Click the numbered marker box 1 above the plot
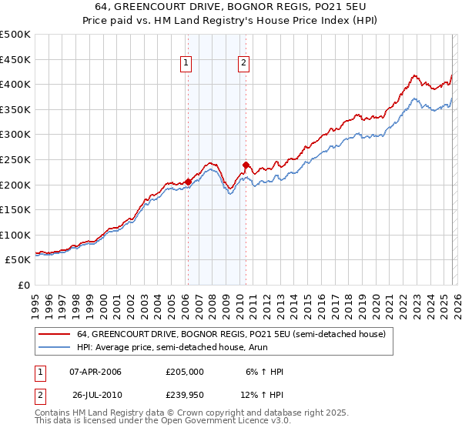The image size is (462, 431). point(187,64)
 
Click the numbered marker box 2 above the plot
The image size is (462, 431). point(243,64)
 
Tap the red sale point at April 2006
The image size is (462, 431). point(188,182)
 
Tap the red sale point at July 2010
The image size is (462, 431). point(246,164)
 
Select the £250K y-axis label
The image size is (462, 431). point(16,159)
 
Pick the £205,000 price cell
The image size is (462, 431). point(185,372)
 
